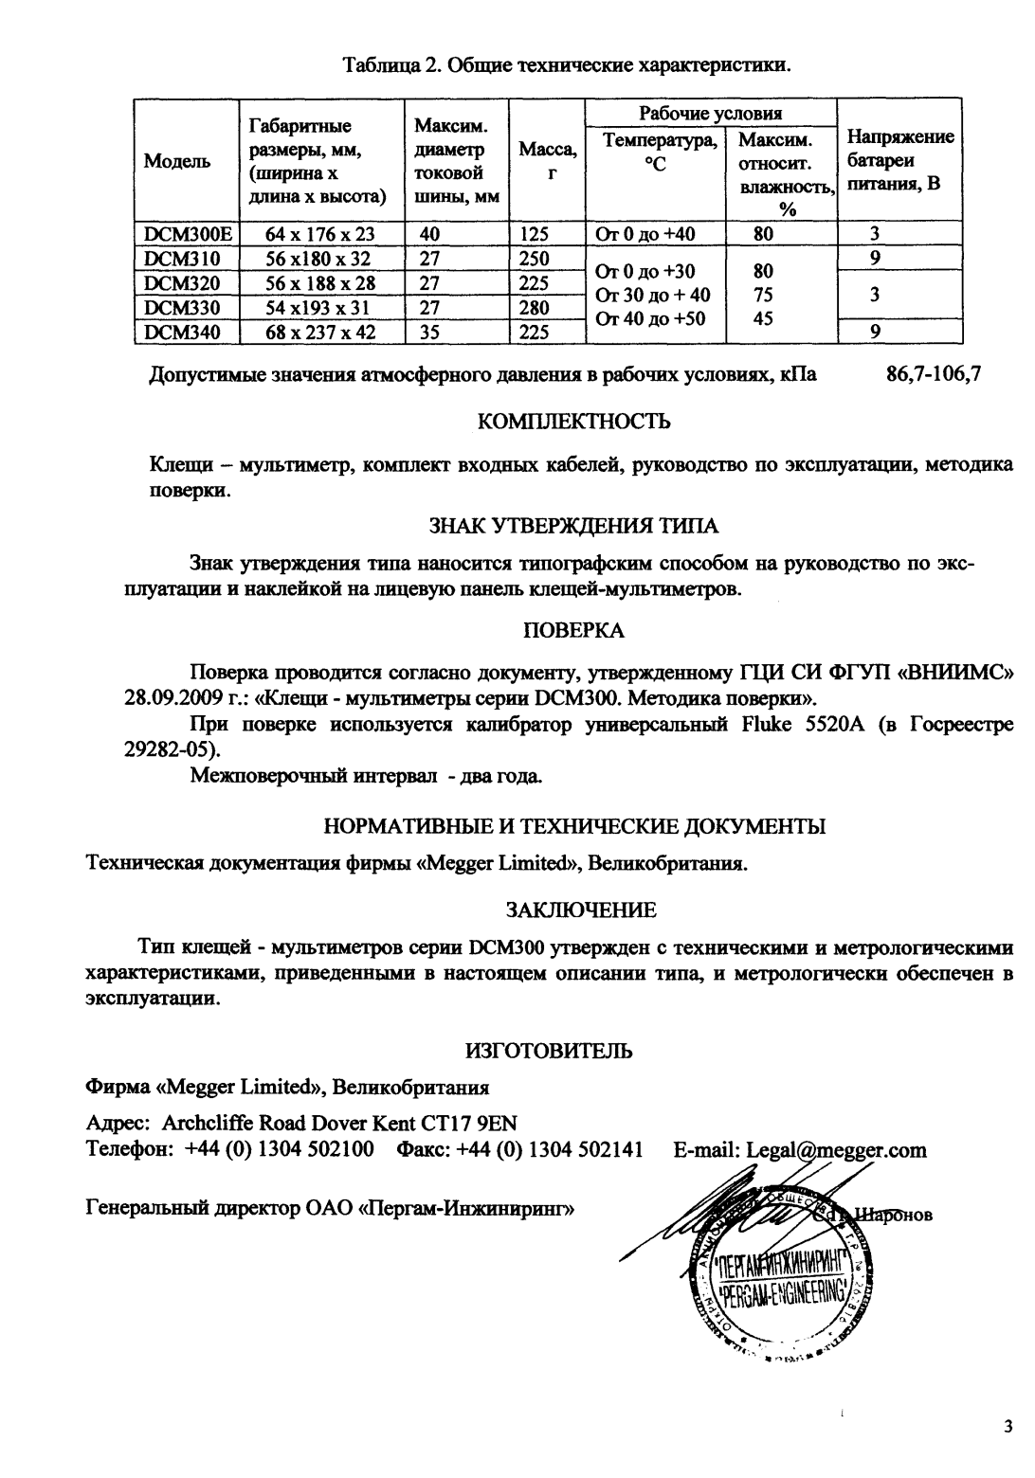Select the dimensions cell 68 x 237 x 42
tap(320, 333)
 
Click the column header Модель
tap(176, 162)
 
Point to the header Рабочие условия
tap(710, 114)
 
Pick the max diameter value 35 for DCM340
tap(429, 333)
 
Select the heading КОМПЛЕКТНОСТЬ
tap(574, 422)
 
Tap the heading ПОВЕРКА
tap(574, 630)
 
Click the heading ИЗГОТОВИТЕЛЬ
tap(549, 1051)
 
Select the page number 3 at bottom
tap(1008, 1427)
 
